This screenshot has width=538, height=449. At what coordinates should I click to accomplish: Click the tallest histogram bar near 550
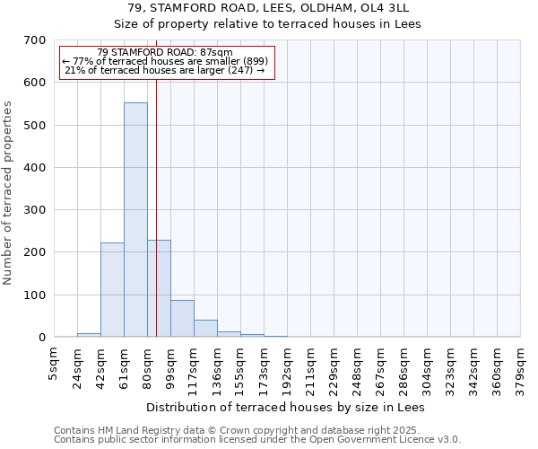(135, 220)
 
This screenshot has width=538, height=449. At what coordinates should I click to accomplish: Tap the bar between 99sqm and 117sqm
(182, 319)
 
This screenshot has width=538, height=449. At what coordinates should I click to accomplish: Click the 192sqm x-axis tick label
(287, 366)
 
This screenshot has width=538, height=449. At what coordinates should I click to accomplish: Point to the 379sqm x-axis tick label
(520, 366)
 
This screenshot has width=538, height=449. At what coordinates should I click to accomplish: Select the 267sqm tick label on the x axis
(380, 366)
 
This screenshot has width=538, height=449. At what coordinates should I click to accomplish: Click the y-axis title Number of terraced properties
(9, 193)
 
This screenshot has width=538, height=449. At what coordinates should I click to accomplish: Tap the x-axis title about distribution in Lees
(285, 407)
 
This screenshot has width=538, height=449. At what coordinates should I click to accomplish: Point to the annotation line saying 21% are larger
(165, 71)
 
